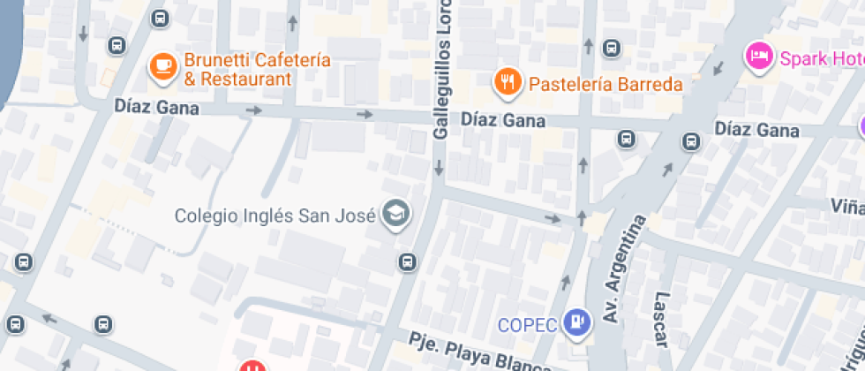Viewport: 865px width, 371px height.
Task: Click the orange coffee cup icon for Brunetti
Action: click(x=162, y=66)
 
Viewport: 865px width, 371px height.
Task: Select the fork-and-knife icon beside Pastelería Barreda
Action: click(x=506, y=83)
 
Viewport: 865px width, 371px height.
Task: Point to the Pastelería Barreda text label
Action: click(x=605, y=85)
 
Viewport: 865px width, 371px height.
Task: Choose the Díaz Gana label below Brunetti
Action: click(x=156, y=107)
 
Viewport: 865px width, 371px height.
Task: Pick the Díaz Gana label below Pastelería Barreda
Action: click(x=503, y=119)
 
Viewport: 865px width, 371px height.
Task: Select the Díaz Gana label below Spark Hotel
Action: click(x=756, y=131)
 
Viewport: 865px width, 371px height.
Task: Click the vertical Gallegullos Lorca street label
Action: click(x=443, y=71)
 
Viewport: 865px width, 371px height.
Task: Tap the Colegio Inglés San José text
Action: click(x=275, y=215)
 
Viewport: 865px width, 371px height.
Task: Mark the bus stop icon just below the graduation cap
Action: click(x=407, y=261)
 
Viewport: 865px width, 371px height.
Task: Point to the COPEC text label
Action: click(x=527, y=325)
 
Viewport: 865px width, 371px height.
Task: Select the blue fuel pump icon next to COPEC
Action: click(x=577, y=322)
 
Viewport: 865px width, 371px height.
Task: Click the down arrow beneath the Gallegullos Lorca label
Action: click(x=439, y=167)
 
